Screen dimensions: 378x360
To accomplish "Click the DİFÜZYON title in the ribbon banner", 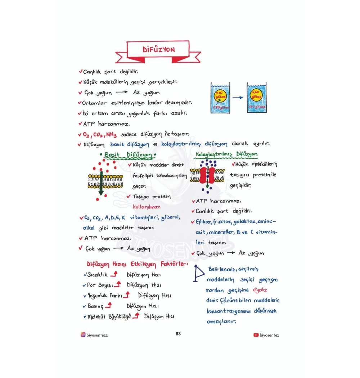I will (x=158, y=50).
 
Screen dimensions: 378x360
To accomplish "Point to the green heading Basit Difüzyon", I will (x=128, y=155).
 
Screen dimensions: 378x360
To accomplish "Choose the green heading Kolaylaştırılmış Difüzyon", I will (x=226, y=155).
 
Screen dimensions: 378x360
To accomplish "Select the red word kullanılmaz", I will (x=147, y=207).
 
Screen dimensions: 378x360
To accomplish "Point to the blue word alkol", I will (x=89, y=228).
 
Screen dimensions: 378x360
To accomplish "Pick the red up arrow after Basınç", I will (x=108, y=306).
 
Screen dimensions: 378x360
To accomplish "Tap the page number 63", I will (x=178, y=334).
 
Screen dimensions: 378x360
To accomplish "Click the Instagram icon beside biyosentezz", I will (x=83, y=334).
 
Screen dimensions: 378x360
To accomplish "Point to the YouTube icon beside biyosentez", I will (x=256, y=335).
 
